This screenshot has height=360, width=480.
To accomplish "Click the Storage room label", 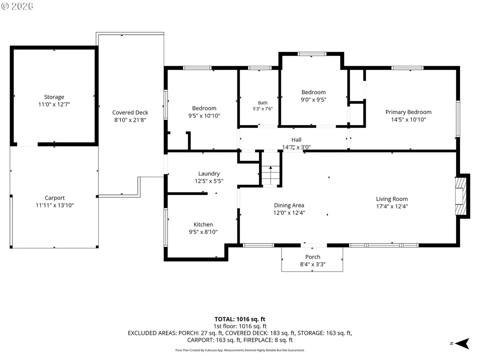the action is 54,97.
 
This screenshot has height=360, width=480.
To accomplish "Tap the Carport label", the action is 55,198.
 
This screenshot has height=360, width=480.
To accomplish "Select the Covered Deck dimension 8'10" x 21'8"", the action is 130,120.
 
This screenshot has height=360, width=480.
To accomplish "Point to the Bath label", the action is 263,103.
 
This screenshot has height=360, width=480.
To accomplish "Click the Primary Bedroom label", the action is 409,112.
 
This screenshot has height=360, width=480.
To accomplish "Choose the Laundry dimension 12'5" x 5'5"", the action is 209,181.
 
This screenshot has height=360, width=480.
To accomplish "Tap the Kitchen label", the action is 203,224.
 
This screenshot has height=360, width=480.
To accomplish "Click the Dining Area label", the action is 289,205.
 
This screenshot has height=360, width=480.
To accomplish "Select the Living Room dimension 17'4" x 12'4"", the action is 392,206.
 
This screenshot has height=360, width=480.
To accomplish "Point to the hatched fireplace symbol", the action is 461,197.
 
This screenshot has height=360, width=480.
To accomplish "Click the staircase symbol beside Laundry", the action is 271,175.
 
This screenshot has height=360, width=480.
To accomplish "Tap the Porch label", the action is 312,257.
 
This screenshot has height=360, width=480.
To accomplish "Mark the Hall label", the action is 296,139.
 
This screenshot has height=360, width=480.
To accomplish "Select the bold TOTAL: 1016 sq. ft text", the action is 240,319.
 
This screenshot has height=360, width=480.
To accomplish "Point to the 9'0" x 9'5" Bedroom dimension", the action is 314,100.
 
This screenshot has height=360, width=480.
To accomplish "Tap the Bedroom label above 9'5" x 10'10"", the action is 204,108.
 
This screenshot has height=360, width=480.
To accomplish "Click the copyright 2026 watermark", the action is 17,6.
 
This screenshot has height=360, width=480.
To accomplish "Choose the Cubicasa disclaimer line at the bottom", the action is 240,350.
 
